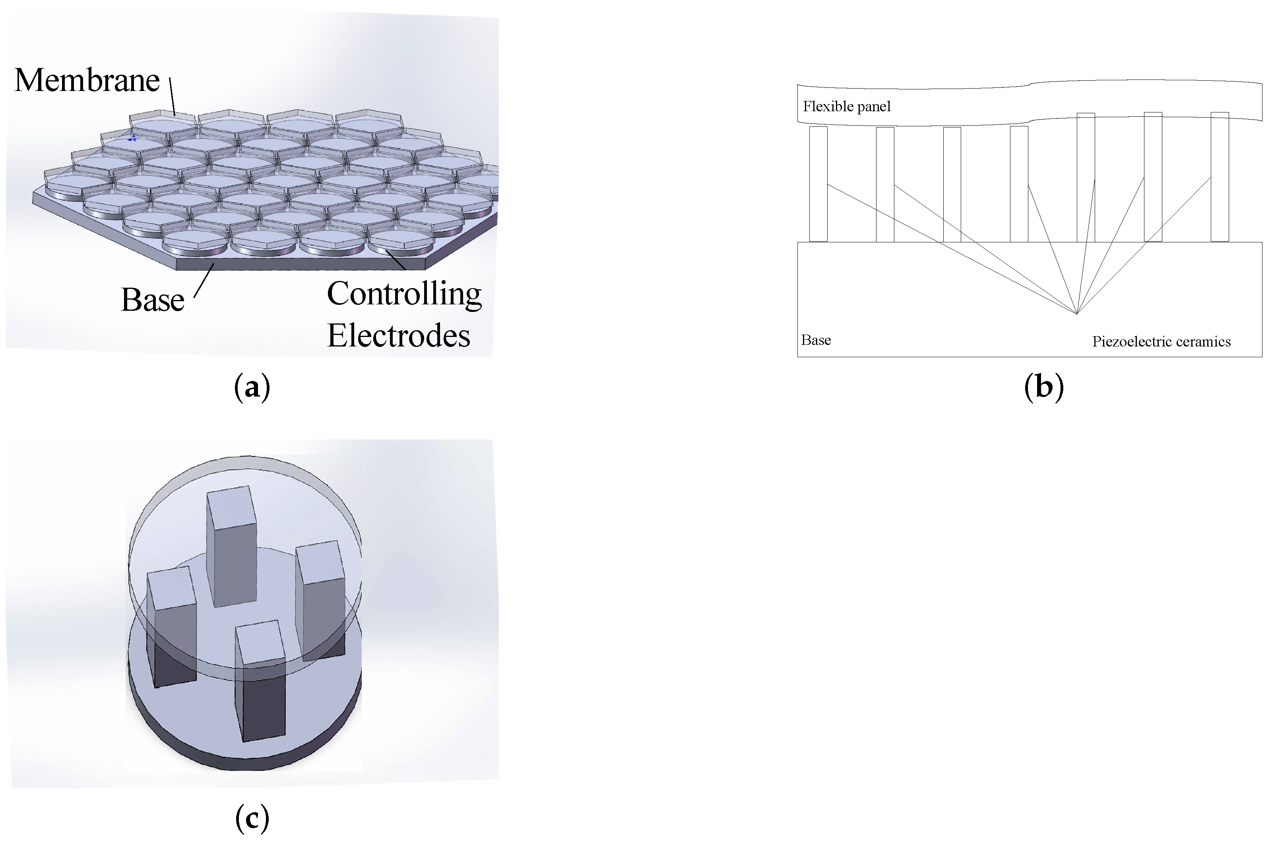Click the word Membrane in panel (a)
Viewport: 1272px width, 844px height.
tap(87, 80)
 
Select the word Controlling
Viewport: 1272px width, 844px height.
tap(404, 294)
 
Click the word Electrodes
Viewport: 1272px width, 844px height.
tap(398, 336)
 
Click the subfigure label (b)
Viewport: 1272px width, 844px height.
tap(1043, 387)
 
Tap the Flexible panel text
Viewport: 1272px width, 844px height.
tap(846, 106)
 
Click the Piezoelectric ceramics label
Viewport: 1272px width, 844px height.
tap(1161, 342)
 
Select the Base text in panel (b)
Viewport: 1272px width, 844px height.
tap(816, 340)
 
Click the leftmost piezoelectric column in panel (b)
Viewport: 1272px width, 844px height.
tap(818, 184)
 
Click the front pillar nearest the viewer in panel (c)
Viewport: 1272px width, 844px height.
tap(260, 681)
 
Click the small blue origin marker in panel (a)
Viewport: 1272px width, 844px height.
tap(132, 138)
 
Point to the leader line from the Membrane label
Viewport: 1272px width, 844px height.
tap(172, 97)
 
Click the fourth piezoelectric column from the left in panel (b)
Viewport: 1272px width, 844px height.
tap(1018, 184)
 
